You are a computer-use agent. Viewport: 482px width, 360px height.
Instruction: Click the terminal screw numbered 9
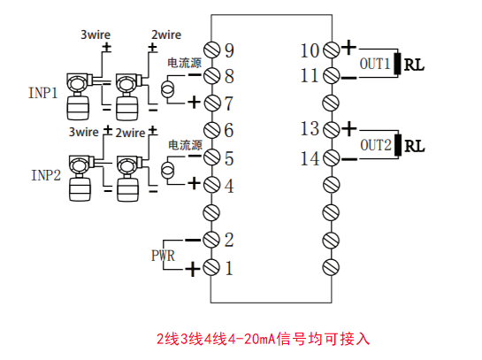pos(211,50)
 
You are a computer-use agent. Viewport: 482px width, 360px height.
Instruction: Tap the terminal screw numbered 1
pos(211,267)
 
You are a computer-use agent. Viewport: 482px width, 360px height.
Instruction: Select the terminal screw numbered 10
pos(332,50)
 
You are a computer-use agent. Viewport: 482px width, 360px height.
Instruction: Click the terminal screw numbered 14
pos(332,158)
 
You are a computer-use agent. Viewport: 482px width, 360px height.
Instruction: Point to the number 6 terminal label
pos(229,130)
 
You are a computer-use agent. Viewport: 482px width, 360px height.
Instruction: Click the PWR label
pos(163,256)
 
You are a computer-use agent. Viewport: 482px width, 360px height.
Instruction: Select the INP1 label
pos(43,93)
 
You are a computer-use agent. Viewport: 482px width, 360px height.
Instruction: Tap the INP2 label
pos(46,175)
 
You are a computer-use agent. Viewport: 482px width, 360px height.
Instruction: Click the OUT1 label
pos(375,64)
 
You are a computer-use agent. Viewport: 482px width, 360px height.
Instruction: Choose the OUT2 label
pos(376,145)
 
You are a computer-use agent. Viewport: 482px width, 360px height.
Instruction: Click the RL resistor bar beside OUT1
pos(397,64)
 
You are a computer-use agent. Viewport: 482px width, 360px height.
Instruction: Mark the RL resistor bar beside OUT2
pos(398,145)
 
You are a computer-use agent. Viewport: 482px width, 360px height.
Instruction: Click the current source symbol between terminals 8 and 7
pos(167,89)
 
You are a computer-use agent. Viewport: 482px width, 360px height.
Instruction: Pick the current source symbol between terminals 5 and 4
pos(167,171)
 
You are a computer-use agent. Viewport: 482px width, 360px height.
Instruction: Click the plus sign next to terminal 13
pos(348,128)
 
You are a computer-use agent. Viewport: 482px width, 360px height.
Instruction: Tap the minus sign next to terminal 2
pos(193,240)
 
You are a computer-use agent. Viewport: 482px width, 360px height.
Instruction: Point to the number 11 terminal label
pos(310,76)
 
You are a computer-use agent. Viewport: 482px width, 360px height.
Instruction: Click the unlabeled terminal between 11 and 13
pos(331,103)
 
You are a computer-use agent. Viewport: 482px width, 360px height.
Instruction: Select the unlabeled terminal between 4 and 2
pos(211,212)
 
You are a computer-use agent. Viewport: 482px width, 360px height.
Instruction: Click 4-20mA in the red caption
pos(251,339)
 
